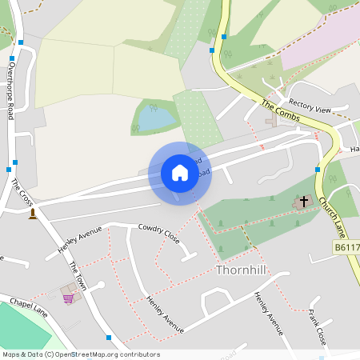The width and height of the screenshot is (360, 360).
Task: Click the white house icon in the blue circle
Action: coord(179,173)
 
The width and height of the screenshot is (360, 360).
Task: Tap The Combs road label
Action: coord(279,110)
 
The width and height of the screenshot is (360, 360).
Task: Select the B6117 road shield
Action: coord(346,248)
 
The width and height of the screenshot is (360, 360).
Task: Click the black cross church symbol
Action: coord(303,201)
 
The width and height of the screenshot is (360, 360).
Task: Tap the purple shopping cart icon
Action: coord(69,298)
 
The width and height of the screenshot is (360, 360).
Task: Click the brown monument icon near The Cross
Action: coord(33,214)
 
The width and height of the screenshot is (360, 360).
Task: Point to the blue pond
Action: coord(157,119)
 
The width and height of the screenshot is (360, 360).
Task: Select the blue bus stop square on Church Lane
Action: coord(318,170)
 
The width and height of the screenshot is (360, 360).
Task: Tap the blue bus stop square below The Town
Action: coord(109,338)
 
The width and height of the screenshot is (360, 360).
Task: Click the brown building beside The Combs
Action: coord(271,122)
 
